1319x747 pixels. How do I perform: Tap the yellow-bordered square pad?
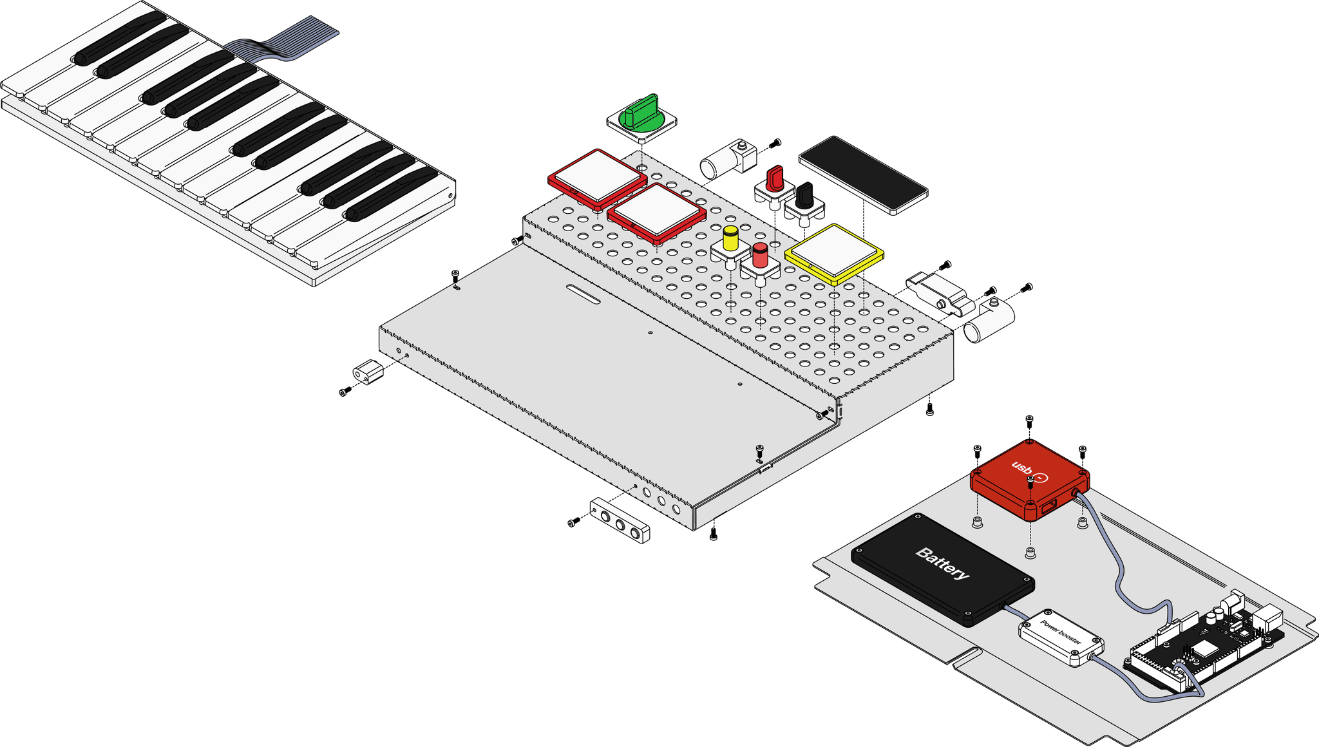833,253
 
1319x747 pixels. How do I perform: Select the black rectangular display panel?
862,174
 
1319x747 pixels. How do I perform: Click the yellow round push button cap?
731,238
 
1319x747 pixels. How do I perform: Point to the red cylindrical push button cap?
760,255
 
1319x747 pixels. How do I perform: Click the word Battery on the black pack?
942,563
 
